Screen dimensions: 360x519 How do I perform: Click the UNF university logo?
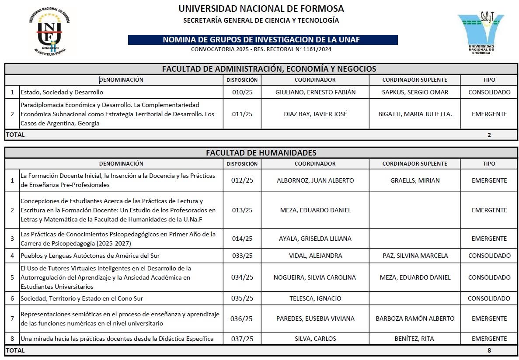tap(49, 31)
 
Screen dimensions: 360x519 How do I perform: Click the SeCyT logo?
tap(481, 31)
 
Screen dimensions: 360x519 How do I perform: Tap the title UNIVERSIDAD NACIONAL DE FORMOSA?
tap(261, 9)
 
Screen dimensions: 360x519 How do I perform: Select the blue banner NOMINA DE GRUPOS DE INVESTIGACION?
tap(262, 40)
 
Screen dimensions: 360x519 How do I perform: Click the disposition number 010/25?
tap(242, 92)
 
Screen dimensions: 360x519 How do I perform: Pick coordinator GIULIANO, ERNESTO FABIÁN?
tap(315, 92)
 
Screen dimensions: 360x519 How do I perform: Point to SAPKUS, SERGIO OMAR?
tap(414, 92)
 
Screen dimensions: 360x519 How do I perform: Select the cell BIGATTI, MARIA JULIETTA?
tap(415, 114)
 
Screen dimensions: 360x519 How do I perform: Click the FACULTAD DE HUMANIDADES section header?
tap(261, 153)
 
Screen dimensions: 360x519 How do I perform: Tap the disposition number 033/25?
tap(242, 256)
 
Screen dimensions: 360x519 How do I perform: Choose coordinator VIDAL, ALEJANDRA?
tap(315, 256)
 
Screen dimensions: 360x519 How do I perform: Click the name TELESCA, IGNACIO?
tap(315, 298)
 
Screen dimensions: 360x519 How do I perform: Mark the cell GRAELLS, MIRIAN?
tap(415, 180)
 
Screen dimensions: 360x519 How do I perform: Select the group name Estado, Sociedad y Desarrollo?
tap(62, 92)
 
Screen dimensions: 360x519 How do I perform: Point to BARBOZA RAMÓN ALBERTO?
tap(415, 318)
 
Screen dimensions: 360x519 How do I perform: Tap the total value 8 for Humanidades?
tap(489, 350)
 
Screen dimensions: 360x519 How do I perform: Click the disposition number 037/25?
tap(242, 339)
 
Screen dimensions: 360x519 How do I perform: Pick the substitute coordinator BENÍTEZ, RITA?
tap(415, 339)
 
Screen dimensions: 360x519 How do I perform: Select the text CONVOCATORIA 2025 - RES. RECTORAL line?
tap(261, 49)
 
